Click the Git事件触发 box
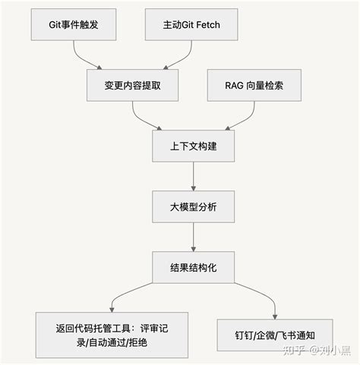tap(73, 25)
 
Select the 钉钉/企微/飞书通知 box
tap(275, 334)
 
